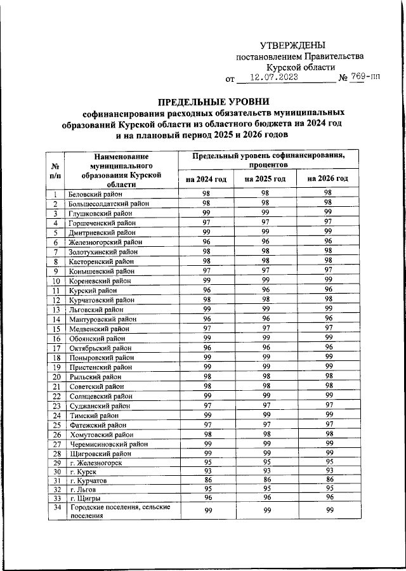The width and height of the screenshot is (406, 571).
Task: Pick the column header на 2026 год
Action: tap(327, 179)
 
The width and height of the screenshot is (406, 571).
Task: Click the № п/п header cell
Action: tap(55, 169)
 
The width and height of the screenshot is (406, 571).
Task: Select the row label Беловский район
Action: tap(96, 194)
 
